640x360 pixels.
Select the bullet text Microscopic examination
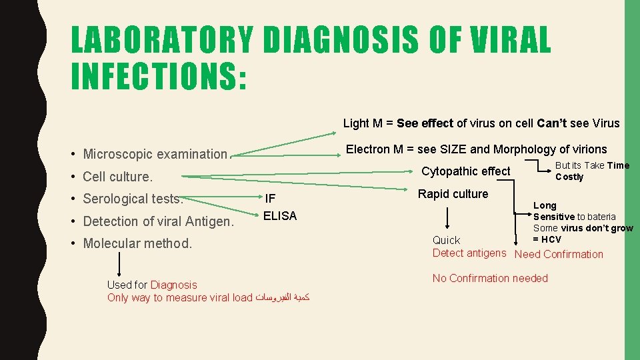(155, 154)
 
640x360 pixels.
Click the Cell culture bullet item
(117, 177)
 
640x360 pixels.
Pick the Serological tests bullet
(133, 199)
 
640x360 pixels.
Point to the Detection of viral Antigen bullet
(158, 221)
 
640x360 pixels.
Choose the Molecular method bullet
(137, 243)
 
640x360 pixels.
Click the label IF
(270, 199)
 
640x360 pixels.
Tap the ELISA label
(280, 216)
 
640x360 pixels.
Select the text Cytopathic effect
(466, 171)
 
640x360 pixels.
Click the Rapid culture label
(453, 194)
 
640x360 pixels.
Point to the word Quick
(446, 240)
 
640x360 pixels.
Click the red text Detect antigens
(469, 253)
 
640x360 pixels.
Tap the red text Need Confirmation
(559, 254)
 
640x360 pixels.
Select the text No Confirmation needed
(490, 278)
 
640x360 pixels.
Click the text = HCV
(547, 239)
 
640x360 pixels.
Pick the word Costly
(569, 177)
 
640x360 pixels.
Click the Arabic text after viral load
(283, 298)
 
